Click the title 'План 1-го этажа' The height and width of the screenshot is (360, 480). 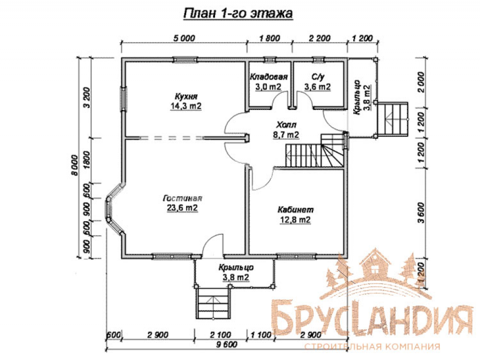[238, 13]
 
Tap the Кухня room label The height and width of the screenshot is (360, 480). [186, 96]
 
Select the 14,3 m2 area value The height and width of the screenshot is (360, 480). [186, 106]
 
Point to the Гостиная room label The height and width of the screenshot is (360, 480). [182, 198]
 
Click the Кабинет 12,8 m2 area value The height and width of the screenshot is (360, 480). [295, 220]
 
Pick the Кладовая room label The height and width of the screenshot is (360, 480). [269, 76]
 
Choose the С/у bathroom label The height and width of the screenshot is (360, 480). [318, 76]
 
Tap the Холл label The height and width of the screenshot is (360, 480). [286, 125]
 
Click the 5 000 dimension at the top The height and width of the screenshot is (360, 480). [184, 38]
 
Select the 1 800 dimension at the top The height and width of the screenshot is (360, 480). [269, 38]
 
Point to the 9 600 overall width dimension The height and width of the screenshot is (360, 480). [227, 344]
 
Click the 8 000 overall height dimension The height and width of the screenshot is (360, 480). [74, 165]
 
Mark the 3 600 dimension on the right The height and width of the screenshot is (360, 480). [421, 213]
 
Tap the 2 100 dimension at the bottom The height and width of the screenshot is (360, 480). [220, 335]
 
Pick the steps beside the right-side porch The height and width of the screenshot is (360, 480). [393, 119]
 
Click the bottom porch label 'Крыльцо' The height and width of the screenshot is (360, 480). [236, 267]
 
